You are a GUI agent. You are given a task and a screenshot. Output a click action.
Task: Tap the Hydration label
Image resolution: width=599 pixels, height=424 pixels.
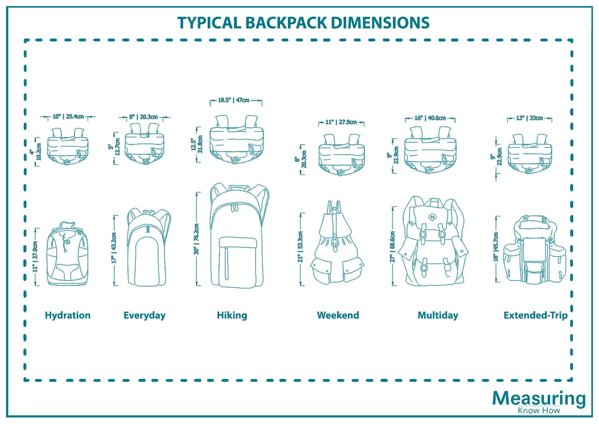[x=67, y=315]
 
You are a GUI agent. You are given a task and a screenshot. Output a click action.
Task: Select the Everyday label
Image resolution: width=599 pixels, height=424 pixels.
[x=144, y=315]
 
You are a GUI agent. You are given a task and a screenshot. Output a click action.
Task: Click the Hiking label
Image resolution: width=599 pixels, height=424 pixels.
[x=232, y=315]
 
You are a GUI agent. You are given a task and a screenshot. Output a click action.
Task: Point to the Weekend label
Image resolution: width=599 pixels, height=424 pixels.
[x=338, y=315]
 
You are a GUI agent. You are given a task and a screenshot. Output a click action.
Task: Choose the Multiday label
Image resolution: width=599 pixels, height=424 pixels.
[x=438, y=315]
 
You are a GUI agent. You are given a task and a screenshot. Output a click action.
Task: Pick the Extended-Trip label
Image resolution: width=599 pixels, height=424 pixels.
[x=535, y=315]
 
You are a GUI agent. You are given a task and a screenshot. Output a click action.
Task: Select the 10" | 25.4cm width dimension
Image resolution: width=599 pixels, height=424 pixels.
[x=68, y=117]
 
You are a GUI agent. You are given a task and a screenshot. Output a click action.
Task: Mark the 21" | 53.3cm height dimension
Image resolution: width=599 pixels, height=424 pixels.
[x=301, y=247]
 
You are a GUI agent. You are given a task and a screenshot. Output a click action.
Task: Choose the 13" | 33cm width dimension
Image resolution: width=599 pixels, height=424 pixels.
[x=530, y=118]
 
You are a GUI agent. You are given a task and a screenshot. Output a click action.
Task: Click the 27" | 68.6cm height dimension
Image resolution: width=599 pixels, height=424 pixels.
[x=393, y=247]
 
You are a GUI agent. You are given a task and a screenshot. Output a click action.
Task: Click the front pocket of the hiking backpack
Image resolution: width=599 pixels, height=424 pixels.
[x=238, y=261]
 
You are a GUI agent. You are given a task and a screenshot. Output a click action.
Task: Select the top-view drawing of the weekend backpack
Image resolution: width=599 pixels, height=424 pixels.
[x=341, y=156]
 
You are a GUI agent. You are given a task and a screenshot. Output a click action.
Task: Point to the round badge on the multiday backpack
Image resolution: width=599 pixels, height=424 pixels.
[x=432, y=217]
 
